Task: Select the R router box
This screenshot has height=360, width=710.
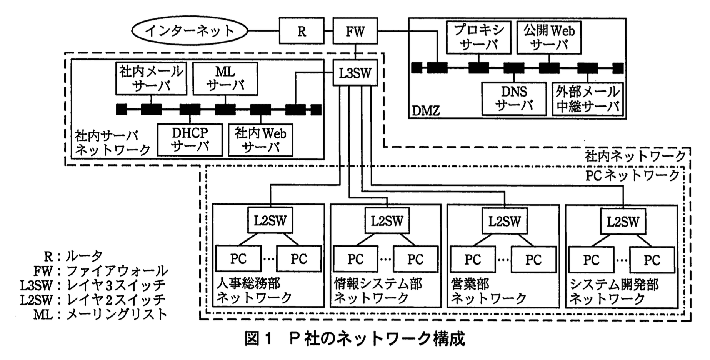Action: [x=302, y=31]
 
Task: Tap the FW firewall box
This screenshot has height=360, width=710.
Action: [x=355, y=31]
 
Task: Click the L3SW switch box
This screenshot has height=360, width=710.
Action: [x=355, y=73]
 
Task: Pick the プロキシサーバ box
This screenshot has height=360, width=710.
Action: [x=479, y=37]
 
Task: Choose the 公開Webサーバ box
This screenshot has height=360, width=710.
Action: [x=549, y=37]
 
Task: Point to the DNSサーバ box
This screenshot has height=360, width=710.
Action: [x=514, y=99]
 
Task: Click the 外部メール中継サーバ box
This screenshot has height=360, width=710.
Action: [x=587, y=99]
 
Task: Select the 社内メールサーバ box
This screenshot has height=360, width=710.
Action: [x=151, y=79]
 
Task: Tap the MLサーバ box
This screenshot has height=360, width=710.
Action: [x=225, y=79]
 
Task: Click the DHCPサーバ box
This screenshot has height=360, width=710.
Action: [x=190, y=140]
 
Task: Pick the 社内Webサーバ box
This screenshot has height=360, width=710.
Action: [x=260, y=140]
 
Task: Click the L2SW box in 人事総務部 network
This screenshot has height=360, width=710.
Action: [x=270, y=220]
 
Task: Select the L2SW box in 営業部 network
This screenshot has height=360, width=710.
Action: [x=505, y=221]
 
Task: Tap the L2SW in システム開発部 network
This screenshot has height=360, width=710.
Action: [x=623, y=221]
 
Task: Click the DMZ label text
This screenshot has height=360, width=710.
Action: [x=426, y=111]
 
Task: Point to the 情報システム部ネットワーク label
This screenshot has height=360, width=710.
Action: [x=378, y=291]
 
